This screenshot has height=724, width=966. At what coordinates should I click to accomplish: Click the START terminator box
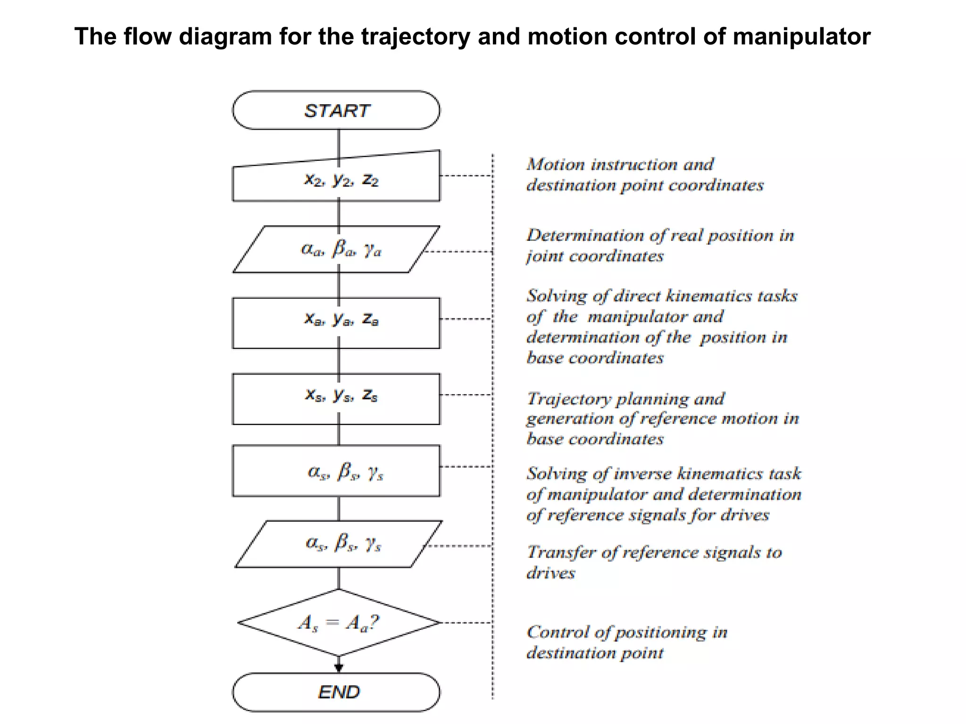(336, 110)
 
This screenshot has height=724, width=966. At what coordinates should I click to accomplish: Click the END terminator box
(336, 692)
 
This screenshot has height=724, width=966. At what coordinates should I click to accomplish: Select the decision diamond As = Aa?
(339, 623)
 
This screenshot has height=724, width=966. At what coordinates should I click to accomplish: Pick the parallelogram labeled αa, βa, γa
(336, 249)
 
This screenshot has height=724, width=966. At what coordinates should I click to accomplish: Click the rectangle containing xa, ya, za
(336, 323)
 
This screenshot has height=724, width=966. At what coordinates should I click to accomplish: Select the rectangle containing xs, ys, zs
(336, 399)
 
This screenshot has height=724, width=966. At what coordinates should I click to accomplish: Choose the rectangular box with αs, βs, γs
(336, 470)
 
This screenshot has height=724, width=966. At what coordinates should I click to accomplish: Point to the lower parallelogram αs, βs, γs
(339, 544)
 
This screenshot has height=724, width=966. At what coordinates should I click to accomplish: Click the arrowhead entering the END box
(339, 667)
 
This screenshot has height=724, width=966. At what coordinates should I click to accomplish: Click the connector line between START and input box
(339, 141)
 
